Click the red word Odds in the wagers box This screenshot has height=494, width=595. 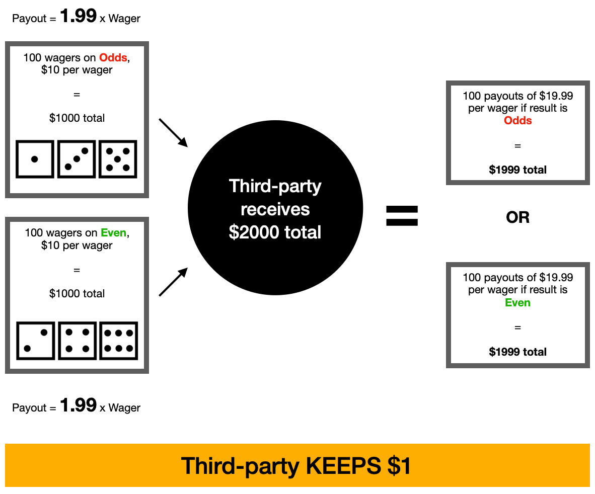(x=113, y=58)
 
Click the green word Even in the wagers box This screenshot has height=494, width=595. (x=113, y=233)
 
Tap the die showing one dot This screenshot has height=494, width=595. (x=35, y=159)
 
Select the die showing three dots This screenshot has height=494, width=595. (x=77, y=159)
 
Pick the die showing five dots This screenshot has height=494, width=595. (x=118, y=159)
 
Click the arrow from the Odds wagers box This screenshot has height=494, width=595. (x=173, y=133)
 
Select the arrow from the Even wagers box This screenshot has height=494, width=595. (x=173, y=282)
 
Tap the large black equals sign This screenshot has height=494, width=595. (x=402, y=216)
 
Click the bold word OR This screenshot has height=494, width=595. (x=517, y=217)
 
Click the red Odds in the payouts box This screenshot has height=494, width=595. (x=517, y=121)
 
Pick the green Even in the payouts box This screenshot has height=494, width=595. (x=517, y=302)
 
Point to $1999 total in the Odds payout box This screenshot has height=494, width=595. (x=517, y=170)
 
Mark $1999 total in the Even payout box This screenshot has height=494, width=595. (x=517, y=352)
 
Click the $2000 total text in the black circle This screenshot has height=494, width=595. (x=275, y=232)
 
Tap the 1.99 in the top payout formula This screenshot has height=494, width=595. (x=78, y=16)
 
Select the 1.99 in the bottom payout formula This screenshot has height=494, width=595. (x=78, y=405)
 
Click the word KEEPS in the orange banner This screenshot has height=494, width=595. (x=343, y=465)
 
